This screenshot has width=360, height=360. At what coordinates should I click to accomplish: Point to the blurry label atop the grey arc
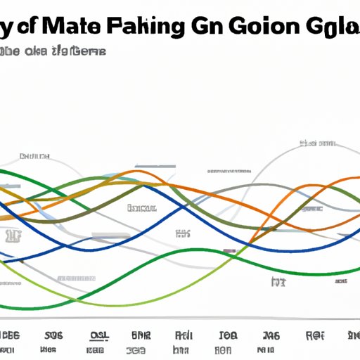point(316,143)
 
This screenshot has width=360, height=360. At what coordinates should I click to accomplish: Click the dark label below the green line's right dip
point(278,282)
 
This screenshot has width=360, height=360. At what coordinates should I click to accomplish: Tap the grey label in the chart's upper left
point(34,156)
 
